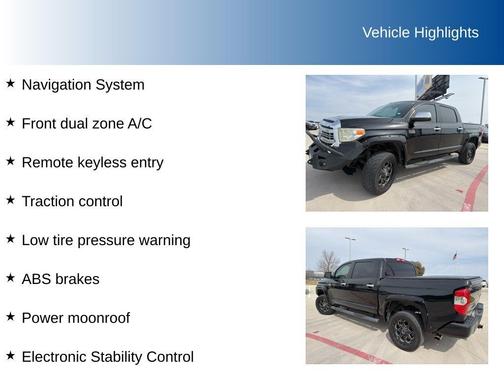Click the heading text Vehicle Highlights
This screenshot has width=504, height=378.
[420, 33]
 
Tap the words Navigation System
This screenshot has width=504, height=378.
[83, 85]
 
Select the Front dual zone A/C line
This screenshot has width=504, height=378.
[87, 124]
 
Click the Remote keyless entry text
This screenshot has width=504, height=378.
[92, 162]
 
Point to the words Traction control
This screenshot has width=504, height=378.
[72, 201]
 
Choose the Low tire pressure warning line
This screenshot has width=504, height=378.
[106, 240]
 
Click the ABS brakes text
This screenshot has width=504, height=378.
[60, 279]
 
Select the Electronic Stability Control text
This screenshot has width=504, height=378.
[107, 356]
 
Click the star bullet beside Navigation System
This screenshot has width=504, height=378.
[10, 84]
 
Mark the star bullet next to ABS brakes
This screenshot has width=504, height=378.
[10, 278]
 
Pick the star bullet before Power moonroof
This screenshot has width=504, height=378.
[10, 317]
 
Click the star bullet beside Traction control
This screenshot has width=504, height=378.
[10, 200]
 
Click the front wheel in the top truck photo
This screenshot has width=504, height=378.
[379, 174]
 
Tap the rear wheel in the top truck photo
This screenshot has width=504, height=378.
[467, 153]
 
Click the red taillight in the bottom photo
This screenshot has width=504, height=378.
[462, 300]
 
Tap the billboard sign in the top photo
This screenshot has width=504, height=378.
[433, 85]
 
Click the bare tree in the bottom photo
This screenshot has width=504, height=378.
[328, 261]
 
